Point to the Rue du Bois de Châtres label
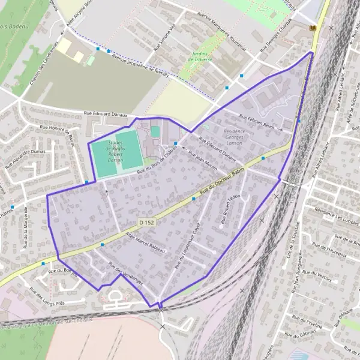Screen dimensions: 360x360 tap(158, 160)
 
